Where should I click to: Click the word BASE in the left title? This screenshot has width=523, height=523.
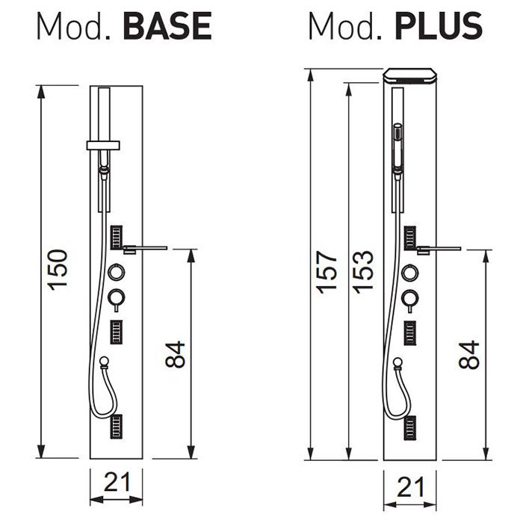click(167, 26)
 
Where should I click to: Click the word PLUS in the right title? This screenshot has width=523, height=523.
click(439, 26)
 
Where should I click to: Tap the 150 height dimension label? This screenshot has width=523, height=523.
click(58, 270)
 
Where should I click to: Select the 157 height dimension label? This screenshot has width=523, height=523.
click(327, 272)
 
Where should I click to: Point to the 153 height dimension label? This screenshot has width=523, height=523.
click(363, 272)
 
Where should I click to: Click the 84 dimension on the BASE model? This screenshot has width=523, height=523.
click(175, 354)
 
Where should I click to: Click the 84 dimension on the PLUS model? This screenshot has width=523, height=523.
click(469, 354)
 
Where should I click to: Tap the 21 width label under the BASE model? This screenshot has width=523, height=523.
click(117, 482)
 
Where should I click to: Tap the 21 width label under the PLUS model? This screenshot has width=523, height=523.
click(410, 487)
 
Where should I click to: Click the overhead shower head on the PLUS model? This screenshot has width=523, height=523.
click(410, 75)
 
